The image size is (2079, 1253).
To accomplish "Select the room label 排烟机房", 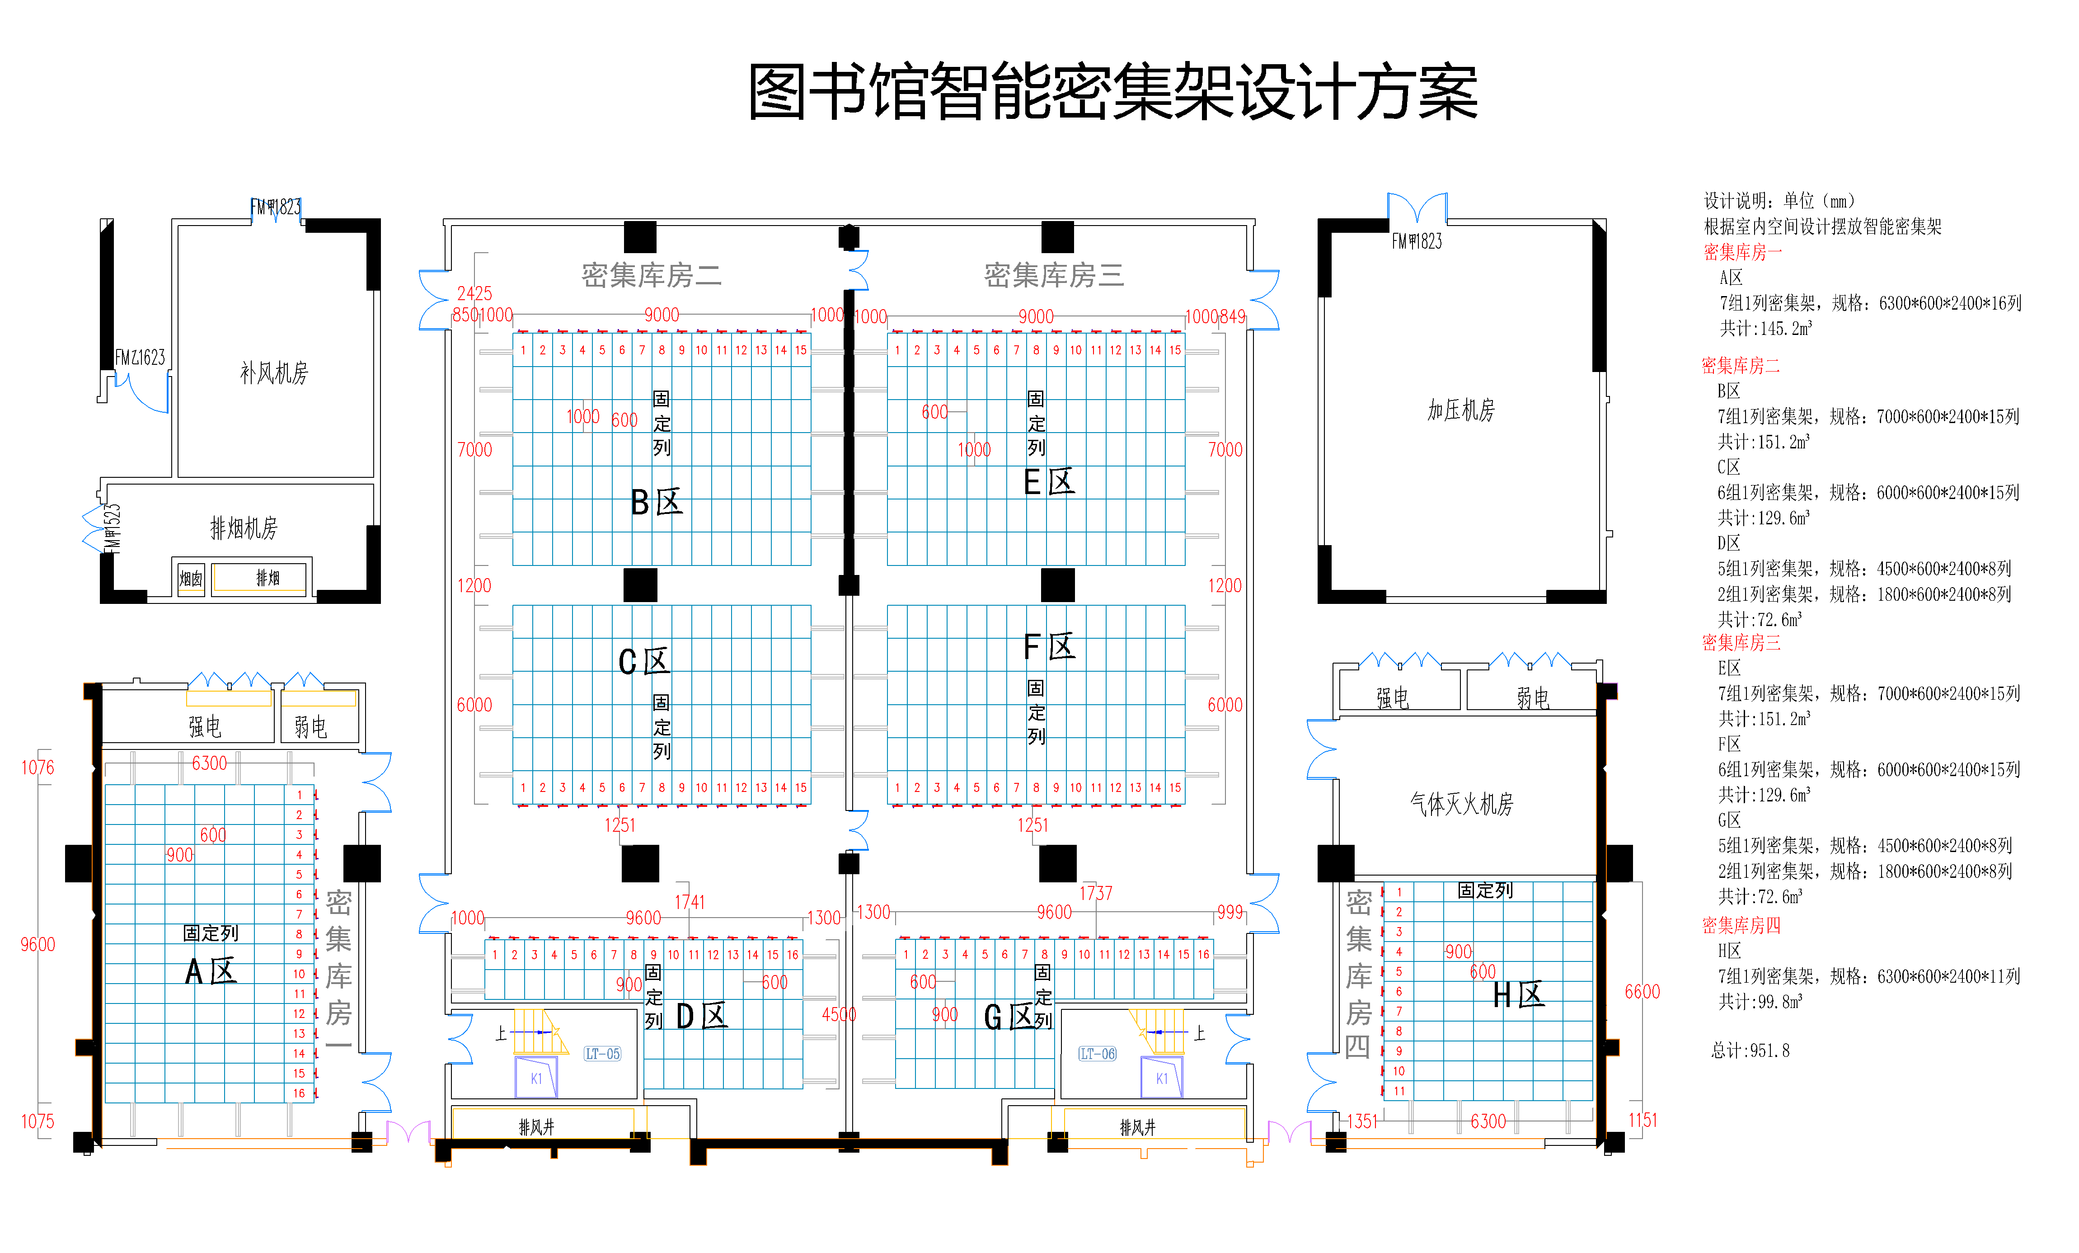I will click(x=244, y=528).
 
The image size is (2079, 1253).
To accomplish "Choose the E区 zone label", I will click(x=1049, y=483).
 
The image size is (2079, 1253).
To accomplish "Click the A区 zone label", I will click(x=211, y=972).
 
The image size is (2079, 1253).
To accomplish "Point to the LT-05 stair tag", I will click(x=602, y=1054).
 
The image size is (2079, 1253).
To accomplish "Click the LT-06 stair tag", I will click(x=1097, y=1054).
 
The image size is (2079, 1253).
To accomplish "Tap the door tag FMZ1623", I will click(x=140, y=358).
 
